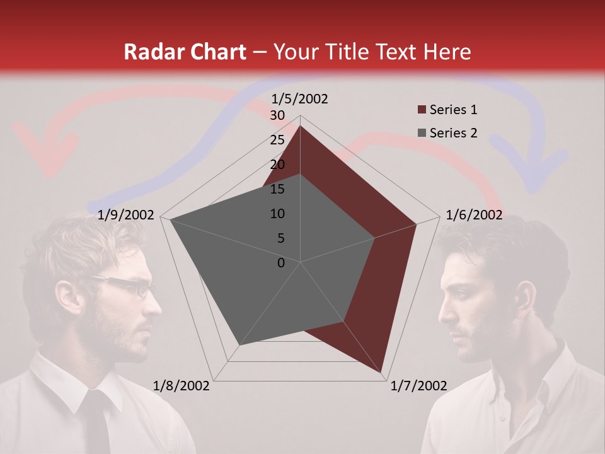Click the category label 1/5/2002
(x=299, y=98)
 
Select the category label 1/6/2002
(x=474, y=215)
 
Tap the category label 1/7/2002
(x=418, y=386)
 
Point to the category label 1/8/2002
(x=181, y=386)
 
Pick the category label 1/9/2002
(x=126, y=215)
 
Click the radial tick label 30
(x=277, y=115)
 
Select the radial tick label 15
(x=277, y=189)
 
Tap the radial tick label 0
(x=281, y=263)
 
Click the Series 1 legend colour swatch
(x=422, y=110)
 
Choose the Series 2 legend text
(x=453, y=133)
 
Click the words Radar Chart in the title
(x=185, y=52)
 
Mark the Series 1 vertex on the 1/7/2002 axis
(x=382, y=372)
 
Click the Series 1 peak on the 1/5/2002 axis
(x=300, y=127)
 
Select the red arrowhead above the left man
(x=47, y=154)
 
